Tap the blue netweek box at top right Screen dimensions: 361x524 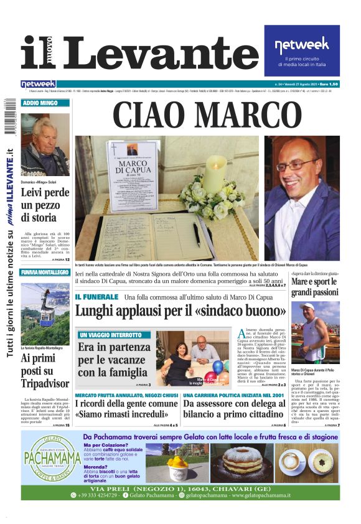point(302,51)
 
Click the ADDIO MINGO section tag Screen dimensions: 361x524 point(40,103)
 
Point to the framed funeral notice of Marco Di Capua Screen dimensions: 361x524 point(132,174)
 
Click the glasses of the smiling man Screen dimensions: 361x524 point(298,166)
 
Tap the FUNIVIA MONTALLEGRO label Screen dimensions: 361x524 point(45,272)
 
